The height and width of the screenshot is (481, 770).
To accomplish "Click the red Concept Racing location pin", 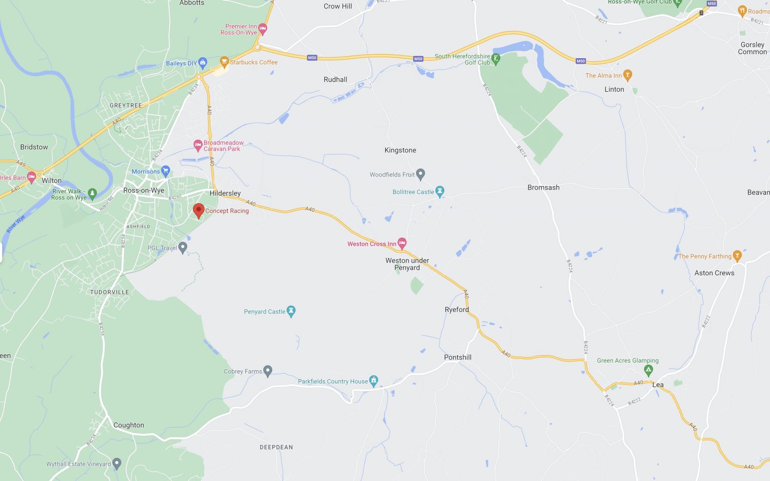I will click(199, 210).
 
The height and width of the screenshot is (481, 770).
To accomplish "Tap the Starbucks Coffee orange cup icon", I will click(224, 62).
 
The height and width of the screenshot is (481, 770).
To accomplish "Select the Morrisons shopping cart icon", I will click(166, 171).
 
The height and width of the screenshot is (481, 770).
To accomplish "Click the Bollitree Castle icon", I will click(440, 192).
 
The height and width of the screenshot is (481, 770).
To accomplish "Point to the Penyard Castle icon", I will click(291, 311).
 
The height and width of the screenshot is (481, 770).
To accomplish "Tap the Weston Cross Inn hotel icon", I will click(402, 244).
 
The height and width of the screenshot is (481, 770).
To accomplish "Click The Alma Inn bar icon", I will click(627, 75).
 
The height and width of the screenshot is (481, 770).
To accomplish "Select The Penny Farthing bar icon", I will click(737, 256).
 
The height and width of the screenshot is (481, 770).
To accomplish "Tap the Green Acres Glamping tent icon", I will click(648, 371).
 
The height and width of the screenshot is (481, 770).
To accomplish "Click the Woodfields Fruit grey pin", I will click(421, 174).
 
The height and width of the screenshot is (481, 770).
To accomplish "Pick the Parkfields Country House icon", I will click(373, 381).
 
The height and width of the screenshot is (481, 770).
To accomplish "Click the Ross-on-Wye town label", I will click(144, 191).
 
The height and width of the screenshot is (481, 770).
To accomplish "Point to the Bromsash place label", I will click(543, 188).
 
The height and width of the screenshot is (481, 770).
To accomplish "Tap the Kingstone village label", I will click(400, 150).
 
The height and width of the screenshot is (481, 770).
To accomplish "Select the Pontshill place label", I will click(458, 358).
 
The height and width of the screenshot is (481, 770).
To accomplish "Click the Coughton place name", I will click(129, 425).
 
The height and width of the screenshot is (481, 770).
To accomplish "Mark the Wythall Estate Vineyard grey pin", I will click(117, 463).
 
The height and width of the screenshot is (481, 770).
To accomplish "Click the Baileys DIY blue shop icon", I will click(203, 63).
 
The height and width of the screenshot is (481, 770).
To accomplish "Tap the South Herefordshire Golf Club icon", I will click(496, 59).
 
